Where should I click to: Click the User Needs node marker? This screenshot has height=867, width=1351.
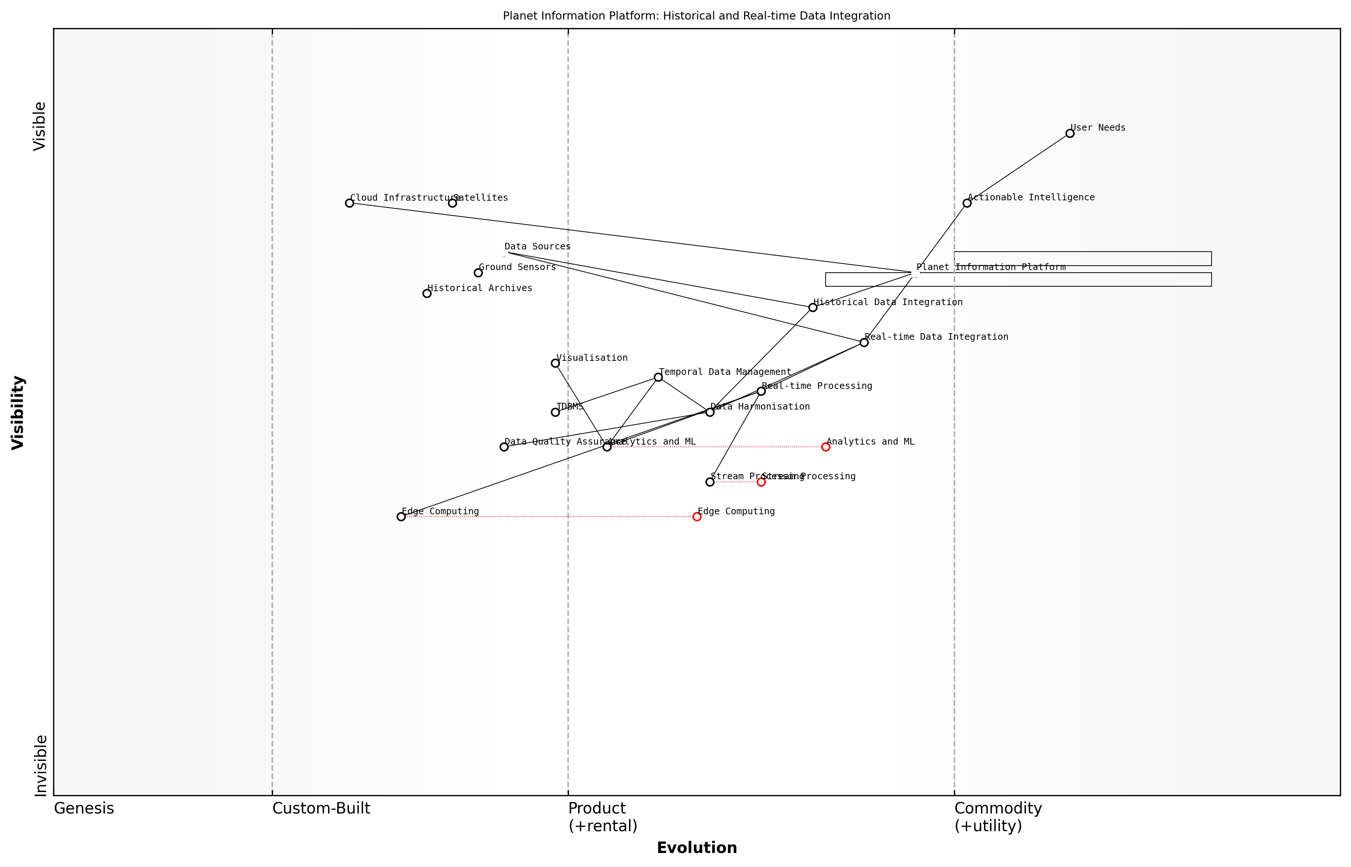(x=1070, y=134)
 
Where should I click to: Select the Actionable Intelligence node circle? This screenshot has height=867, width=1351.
(x=967, y=203)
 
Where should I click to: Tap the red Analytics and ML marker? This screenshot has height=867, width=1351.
(x=825, y=447)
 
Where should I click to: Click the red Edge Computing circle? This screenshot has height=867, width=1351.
(x=697, y=517)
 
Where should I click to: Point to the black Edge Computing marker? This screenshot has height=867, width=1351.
(x=401, y=517)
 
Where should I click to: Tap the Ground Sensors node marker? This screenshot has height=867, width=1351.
(x=478, y=273)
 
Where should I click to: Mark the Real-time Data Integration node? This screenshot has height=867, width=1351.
(x=864, y=342)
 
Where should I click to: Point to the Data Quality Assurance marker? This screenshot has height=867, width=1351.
(x=504, y=447)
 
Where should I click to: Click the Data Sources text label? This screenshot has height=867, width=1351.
(x=537, y=246)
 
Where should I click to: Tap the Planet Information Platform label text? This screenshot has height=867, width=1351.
(x=991, y=267)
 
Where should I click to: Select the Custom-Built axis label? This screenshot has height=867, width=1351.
(x=321, y=809)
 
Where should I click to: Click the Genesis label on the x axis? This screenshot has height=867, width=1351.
(x=84, y=809)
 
